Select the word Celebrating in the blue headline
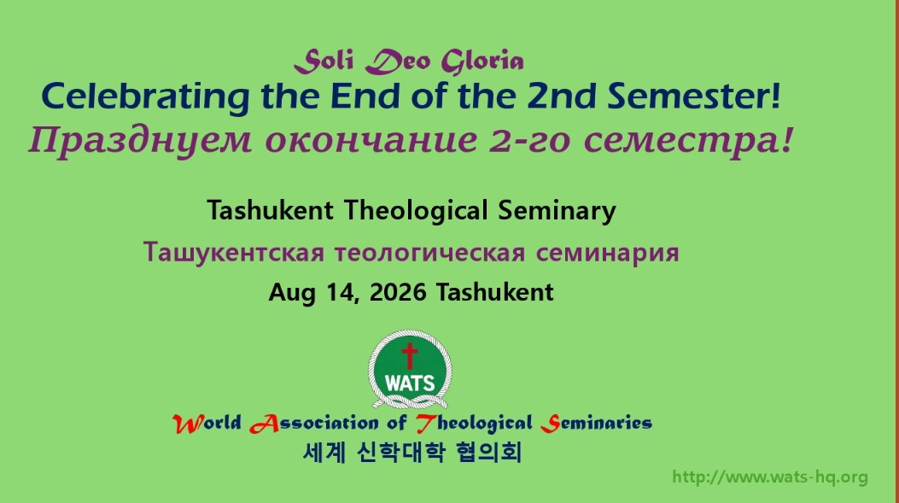click(x=145, y=97)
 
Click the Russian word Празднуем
click(x=140, y=141)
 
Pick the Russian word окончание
click(x=371, y=141)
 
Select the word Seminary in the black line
click(x=557, y=211)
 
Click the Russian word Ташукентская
click(x=233, y=253)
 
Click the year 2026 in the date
click(x=398, y=293)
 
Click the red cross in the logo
click(x=409, y=355)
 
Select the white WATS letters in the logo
click(x=410, y=383)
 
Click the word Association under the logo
click(x=313, y=424)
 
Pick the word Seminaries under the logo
click(x=596, y=424)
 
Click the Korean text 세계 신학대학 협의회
click(x=412, y=452)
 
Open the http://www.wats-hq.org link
click(x=770, y=477)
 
